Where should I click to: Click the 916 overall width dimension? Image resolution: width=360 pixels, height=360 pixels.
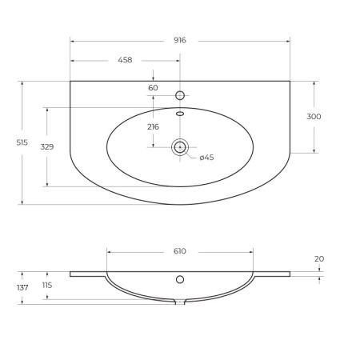pyautogui.click(x=179, y=40)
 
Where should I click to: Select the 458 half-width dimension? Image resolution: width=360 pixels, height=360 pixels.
pyautogui.click(x=125, y=60)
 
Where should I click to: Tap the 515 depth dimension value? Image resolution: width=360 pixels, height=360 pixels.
pyautogui.click(x=22, y=142)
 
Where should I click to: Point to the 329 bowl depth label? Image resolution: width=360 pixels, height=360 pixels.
pyautogui.click(x=46, y=147)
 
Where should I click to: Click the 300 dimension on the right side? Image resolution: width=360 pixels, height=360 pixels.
pyautogui.click(x=314, y=117)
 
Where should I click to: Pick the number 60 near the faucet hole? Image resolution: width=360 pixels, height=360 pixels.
pyautogui.click(x=153, y=87)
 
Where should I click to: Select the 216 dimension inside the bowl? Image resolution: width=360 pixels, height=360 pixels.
pyautogui.click(x=153, y=126)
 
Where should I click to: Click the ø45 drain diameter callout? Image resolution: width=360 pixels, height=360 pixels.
pyautogui.click(x=206, y=158)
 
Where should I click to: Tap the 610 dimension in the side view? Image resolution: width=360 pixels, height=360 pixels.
pyautogui.click(x=179, y=251)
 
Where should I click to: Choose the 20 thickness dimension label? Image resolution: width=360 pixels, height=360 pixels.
pyautogui.click(x=319, y=258)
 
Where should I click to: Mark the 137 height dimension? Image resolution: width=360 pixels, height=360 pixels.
pyautogui.click(x=22, y=287)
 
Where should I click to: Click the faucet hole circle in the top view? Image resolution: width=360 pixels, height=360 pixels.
pyautogui.click(x=180, y=95)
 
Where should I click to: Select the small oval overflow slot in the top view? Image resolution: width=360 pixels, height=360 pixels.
pyautogui.click(x=180, y=114)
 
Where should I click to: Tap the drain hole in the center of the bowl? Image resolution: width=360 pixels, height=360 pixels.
pyautogui.click(x=180, y=146)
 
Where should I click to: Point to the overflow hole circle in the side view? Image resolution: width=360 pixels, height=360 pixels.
pyautogui.click(x=180, y=279)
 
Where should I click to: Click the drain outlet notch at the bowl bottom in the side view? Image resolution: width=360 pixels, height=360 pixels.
pyautogui.click(x=180, y=302)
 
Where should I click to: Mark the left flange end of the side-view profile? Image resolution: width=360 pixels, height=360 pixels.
pyautogui.click(x=72, y=274)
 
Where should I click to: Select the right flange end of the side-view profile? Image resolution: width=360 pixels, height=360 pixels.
pyautogui.click(x=288, y=274)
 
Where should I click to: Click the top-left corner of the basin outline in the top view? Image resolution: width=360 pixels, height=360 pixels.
pyautogui.click(x=70, y=81)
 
